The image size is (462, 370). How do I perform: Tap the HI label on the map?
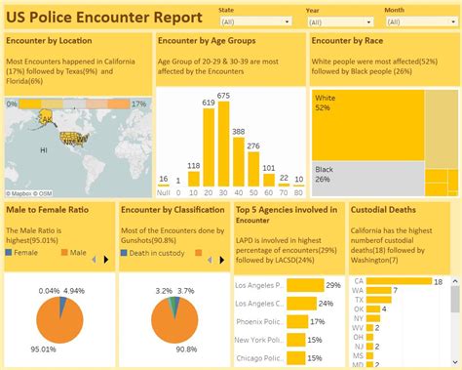click(44, 151)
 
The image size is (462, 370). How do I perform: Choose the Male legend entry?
click(77, 252)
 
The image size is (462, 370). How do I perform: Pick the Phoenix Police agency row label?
click(259, 321)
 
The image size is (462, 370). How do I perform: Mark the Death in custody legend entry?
click(162, 252)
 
